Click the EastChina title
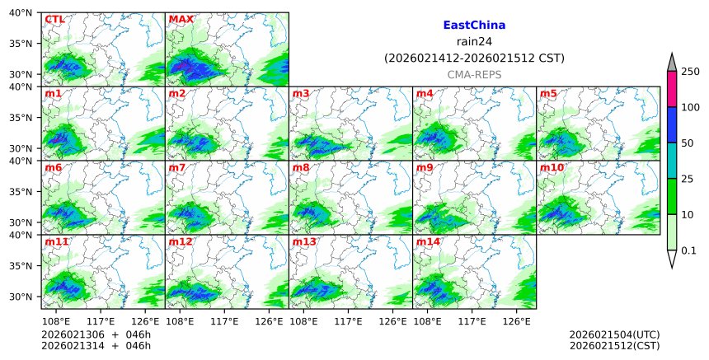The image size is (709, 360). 474,26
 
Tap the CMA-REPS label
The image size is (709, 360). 474,74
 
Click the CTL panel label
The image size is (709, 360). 54,19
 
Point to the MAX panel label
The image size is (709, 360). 181,19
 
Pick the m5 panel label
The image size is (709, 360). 549,93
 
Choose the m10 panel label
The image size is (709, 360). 552,167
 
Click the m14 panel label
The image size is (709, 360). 428,241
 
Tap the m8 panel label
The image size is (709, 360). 301,167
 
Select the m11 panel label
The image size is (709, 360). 56,241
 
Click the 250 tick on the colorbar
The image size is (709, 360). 690,72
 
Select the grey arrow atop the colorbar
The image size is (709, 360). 671,63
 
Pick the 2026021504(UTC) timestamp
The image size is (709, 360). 614,334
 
